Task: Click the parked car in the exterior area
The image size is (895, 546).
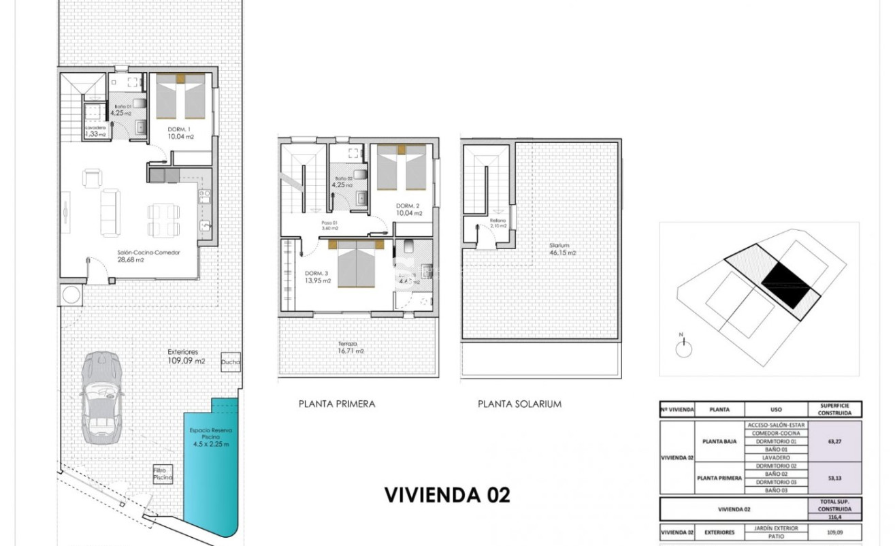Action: point(101,395)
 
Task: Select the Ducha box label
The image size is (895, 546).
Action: point(231,362)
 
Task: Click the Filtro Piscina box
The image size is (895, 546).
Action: point(163,475)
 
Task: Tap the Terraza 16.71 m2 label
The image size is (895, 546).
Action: point(350,348)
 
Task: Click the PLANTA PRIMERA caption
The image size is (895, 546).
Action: point(337,404)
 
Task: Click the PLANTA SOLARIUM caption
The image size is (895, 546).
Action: point(519,404)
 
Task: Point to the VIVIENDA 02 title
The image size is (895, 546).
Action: point(447,495)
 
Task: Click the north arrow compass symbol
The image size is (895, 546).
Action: point(683,347)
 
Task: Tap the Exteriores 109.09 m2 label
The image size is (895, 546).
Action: point(186,356)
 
